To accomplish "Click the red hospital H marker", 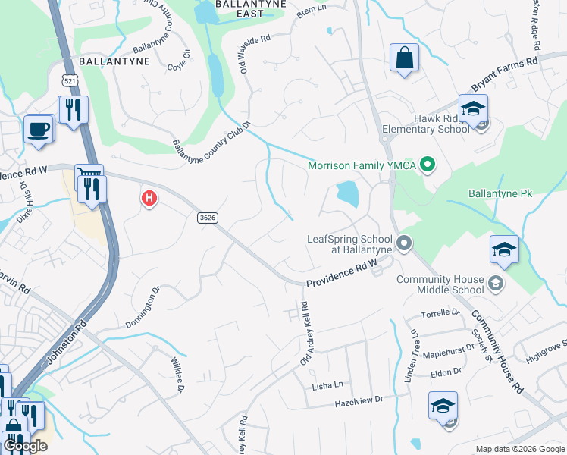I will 149,199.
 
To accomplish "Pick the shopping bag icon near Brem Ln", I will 404,58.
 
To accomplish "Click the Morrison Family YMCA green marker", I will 427,164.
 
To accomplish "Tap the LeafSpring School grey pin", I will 404,243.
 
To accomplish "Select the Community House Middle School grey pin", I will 496,284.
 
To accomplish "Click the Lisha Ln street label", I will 327,386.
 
